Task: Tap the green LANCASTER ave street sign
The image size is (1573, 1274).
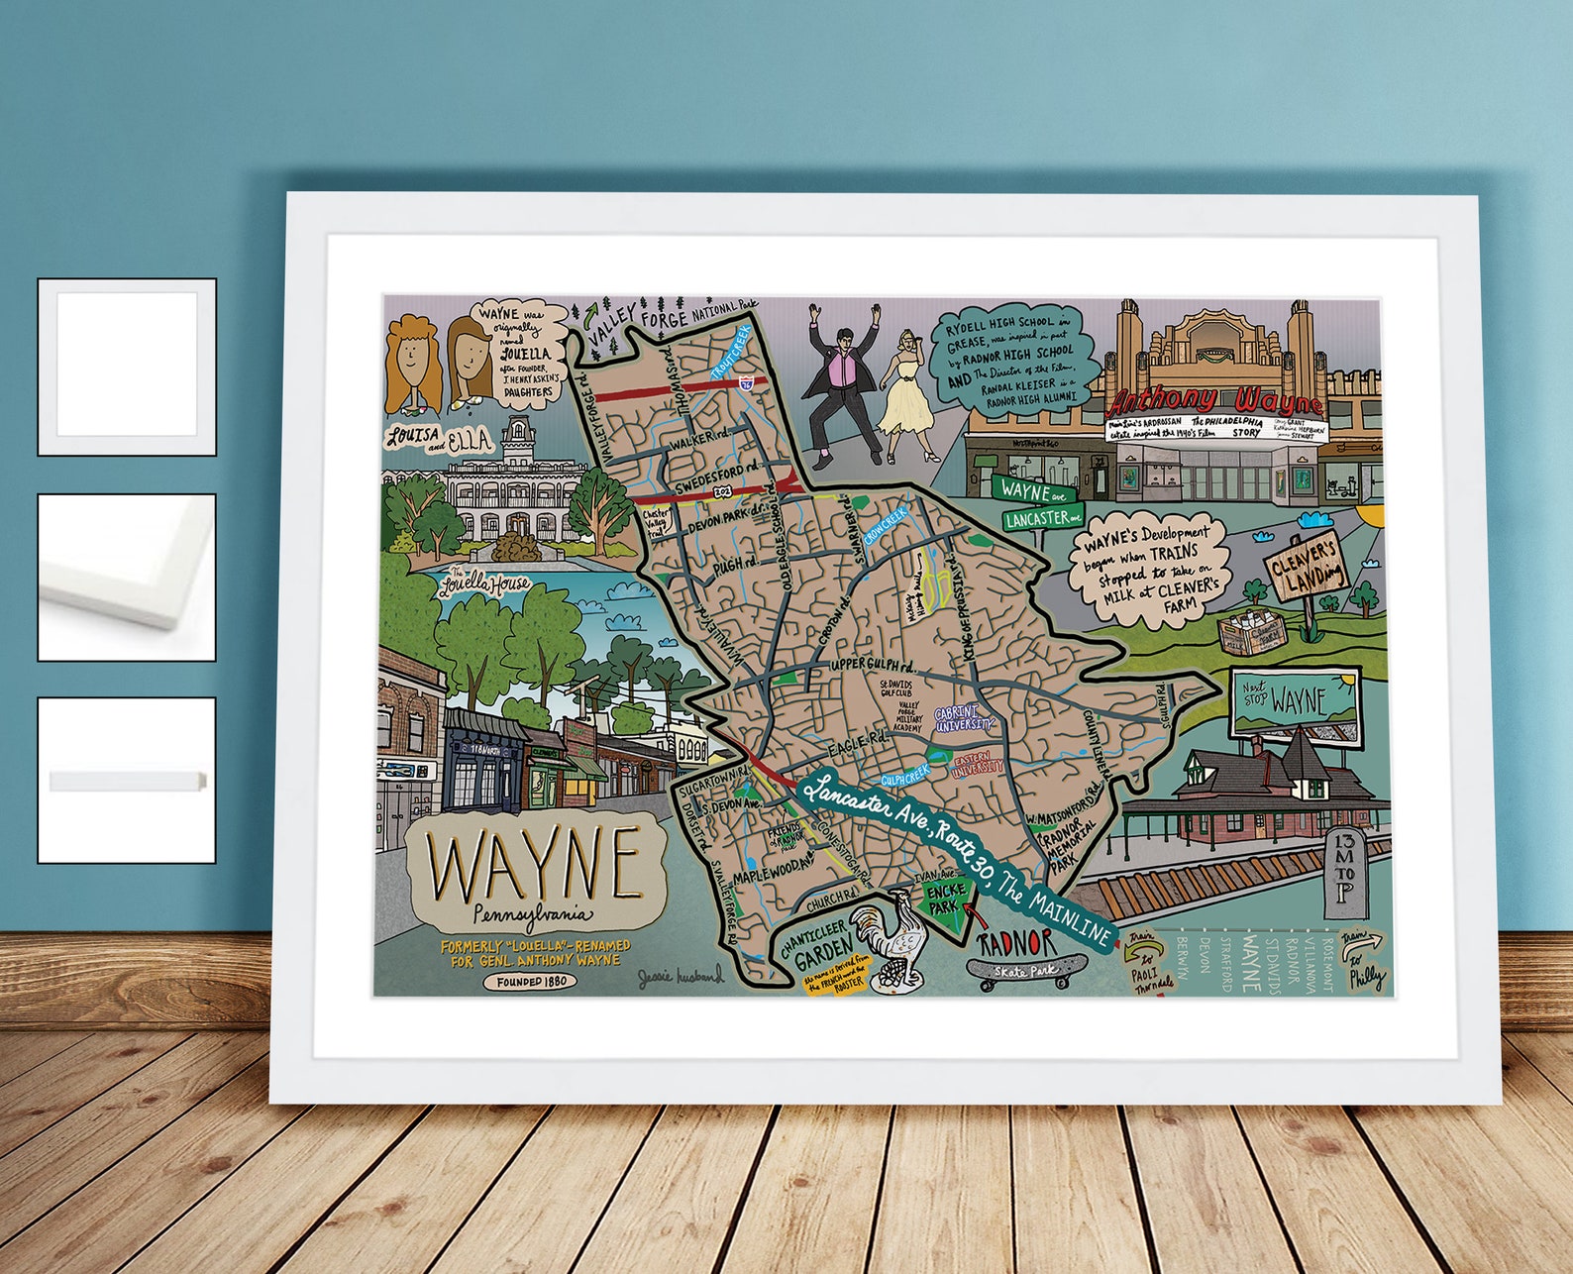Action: click(1042, 518)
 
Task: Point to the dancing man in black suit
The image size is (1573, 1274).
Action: click(843, 386)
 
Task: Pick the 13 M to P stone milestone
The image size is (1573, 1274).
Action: click(1345, 873)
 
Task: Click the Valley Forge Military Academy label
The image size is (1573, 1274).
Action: click(909, 716)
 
